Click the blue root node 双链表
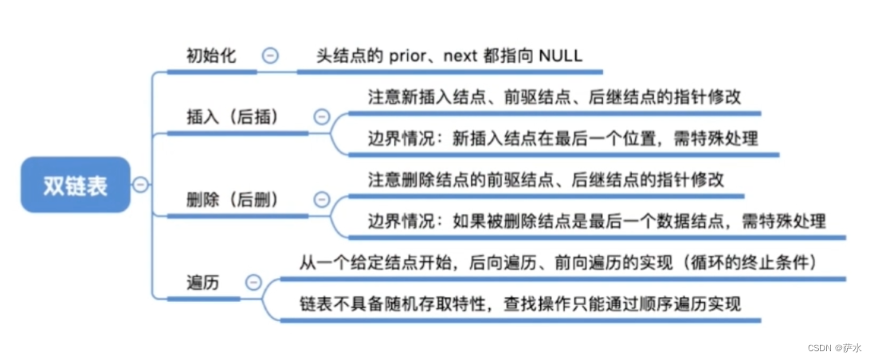75,185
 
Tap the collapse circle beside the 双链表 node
140,185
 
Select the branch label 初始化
211,57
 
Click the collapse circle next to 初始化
271,57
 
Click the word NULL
561,57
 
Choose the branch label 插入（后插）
233,117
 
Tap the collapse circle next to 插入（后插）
322,117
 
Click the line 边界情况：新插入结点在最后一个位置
562,138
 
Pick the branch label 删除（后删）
233,200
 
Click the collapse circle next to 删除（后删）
322,200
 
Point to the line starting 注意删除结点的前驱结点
546,180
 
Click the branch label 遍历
204,283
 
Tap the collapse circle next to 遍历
253,282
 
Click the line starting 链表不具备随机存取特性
519,303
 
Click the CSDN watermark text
837,348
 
